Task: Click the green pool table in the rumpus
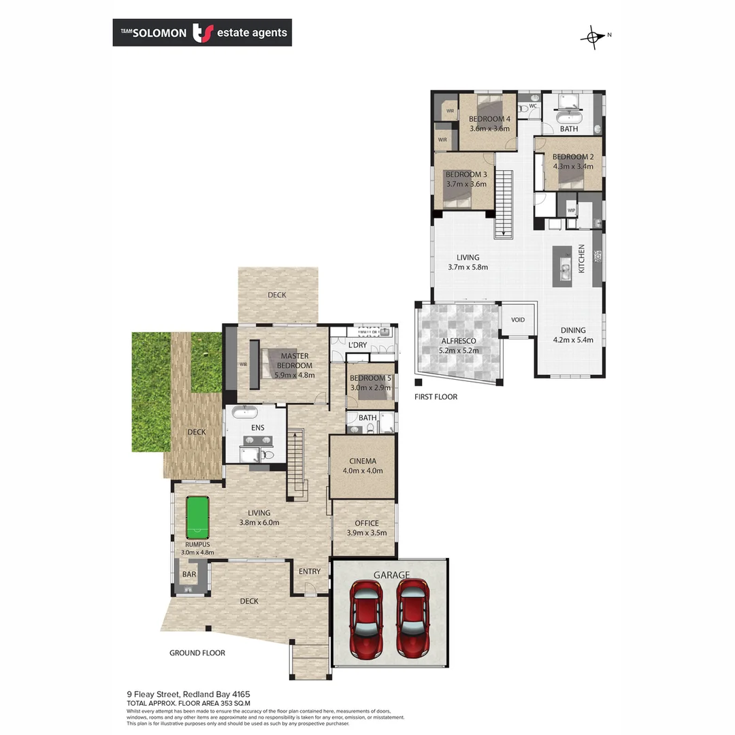coord(197,517)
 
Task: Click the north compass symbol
coord(593,37)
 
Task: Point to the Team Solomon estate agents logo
coord(202,32)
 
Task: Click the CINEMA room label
coord(363,461)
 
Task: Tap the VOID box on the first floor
coord(519,319)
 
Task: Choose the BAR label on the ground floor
coord(189,575)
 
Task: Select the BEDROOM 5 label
coord(370,378)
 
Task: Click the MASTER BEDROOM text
coord(294,361)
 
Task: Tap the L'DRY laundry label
coord(357,345)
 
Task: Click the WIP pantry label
coord(571,211)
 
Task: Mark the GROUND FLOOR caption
coord(197,653)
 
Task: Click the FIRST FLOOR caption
coord(436,397)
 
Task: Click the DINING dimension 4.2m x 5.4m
coord(572,340)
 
